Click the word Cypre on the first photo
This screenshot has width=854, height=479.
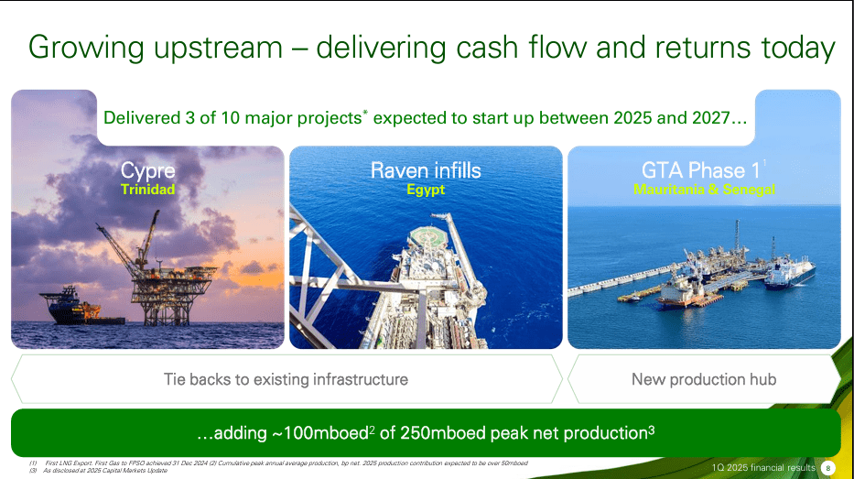[x=147, y=170]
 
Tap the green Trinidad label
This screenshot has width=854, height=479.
[x=147, y=190]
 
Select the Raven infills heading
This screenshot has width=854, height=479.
[x=426, y=170]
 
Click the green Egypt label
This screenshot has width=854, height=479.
[x=426, y=190]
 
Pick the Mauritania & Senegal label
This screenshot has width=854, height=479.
[x=704, y=190]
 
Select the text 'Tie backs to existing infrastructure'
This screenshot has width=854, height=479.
[x=286, y=379]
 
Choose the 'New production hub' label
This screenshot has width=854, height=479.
[x=703, y=379]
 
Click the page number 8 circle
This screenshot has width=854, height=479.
[x=829, y=468]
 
